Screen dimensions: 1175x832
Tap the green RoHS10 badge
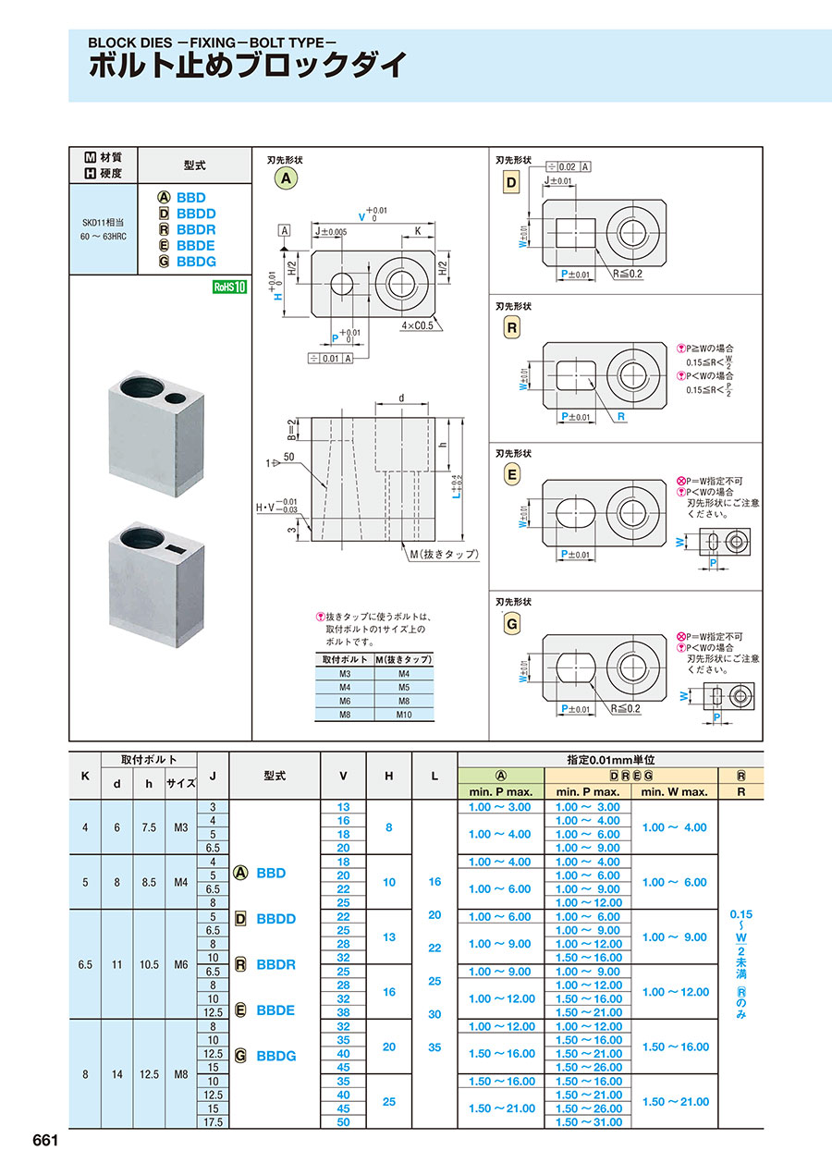[230, 287]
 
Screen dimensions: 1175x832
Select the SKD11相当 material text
[104, 225]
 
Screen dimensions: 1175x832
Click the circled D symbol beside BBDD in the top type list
[165, 214]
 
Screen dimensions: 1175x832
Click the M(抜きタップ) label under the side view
[444, 554]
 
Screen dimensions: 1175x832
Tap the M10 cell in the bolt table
[404, 715]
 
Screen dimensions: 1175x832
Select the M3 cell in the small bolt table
[344, 673]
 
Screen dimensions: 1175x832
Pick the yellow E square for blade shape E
[511, 475]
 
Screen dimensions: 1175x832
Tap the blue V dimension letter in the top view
[361, 217]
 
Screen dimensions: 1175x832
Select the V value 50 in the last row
[343, 1121]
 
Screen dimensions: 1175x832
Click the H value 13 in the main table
[389, 936]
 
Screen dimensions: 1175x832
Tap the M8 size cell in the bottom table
[180, 1073]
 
